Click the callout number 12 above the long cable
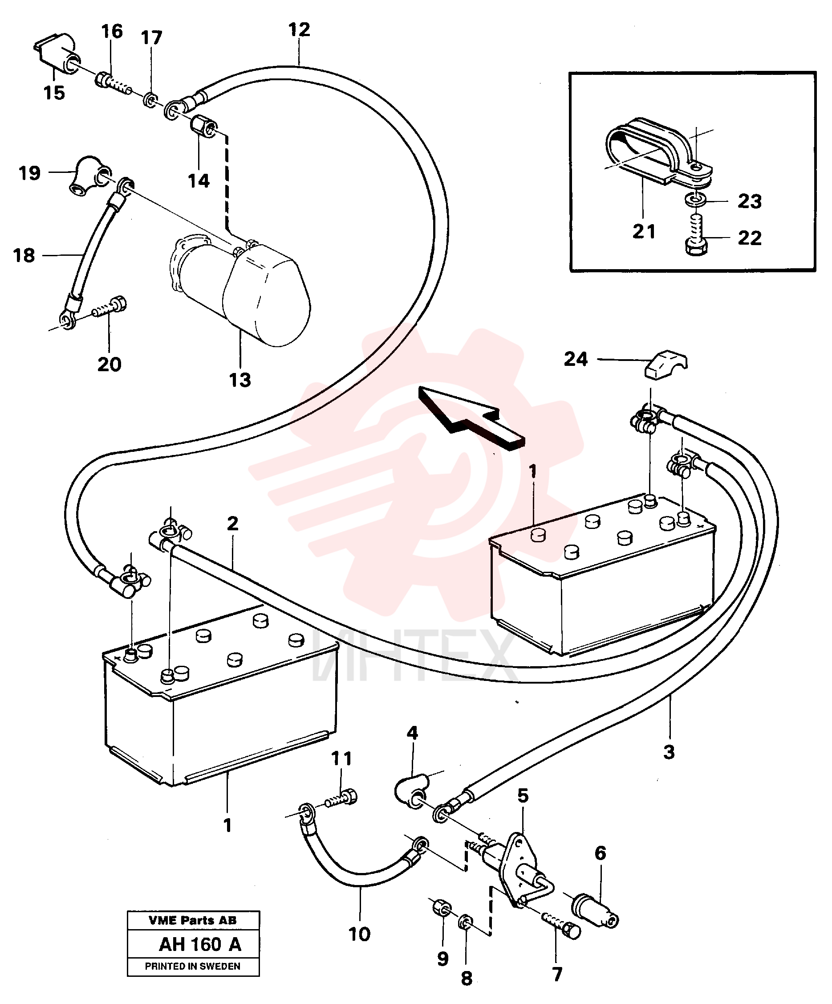coord(300,30)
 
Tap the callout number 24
coord(576,359)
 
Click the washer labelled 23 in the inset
coord(695,197)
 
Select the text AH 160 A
coord(200,944)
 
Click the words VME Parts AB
coord(192,920)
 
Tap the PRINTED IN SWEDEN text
coord(192,966)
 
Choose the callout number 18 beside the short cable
coord(24,255)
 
